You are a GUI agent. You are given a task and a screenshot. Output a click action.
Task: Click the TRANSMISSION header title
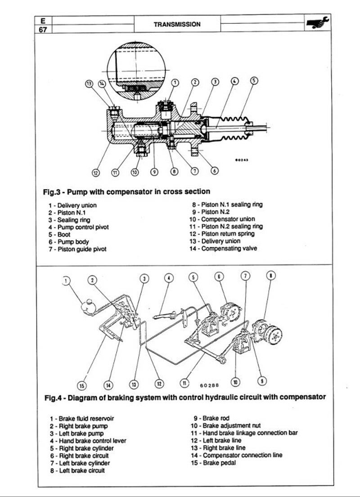(x=177, y=24)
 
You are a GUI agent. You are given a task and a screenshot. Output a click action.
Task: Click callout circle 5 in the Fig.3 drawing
(x=254, y=81)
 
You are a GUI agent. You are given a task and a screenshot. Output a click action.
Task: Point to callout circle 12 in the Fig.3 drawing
(x=96, y=172)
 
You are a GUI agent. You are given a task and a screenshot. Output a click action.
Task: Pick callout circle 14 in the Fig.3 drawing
(x=102, y=84)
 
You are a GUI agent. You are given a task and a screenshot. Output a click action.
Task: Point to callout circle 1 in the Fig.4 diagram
(x=67, y=281)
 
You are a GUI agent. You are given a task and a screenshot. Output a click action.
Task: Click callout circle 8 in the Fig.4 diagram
(x=270, y=275)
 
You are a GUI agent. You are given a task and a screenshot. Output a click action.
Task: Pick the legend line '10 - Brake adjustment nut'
(x=225, y=425)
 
